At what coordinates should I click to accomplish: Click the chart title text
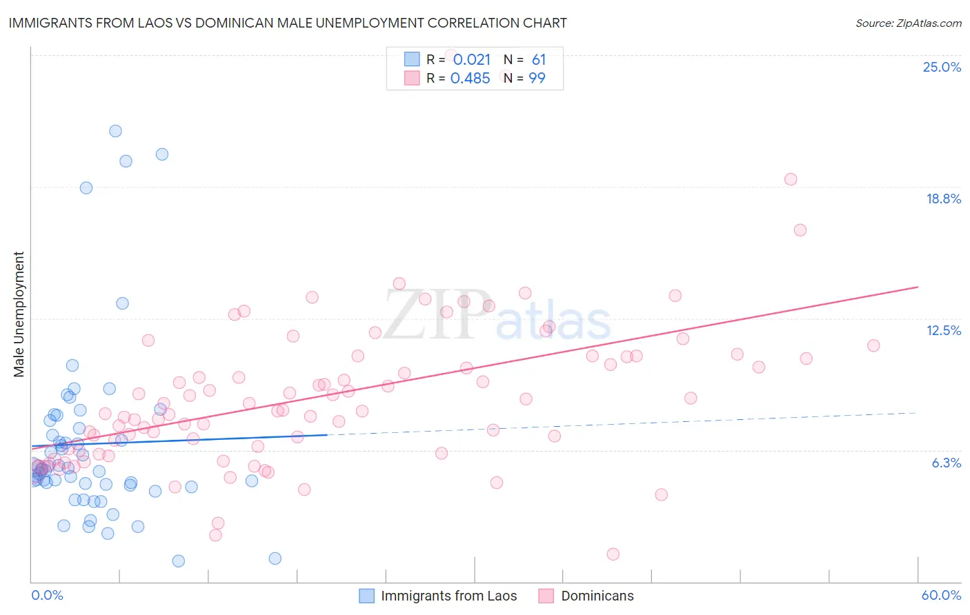tap(288, 23)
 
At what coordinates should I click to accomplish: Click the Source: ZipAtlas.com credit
tap(908, 23)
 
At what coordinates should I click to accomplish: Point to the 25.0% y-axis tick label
tap(942, 67)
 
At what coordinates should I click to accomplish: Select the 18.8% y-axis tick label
tap(943, 199)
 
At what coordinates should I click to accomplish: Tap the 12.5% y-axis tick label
tap(943, 330)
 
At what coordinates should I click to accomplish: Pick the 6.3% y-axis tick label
tap(946, 463)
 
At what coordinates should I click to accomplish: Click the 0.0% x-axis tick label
tap(47, 595)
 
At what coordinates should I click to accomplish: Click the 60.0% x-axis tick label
tap(941, 595)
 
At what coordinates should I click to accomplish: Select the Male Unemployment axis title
tap(19, 314)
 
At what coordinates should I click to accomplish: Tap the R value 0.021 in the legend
tap(472, 59)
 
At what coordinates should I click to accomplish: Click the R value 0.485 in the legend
tap(470, 78)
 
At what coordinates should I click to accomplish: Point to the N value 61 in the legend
tap(538, 59)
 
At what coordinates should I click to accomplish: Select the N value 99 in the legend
tap(537, 78)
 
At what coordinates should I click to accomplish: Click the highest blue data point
tap(115, 131)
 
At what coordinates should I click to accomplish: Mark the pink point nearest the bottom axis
tap(613, 554)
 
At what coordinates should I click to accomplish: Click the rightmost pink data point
tap(873, 345)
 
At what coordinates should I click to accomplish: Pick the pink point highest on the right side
tap(791, 179)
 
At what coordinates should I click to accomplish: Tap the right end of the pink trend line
tap(918, 287)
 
